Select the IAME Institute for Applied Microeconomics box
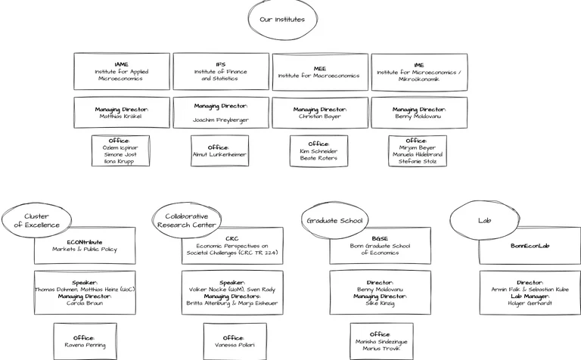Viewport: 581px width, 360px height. click(x=122, y=71)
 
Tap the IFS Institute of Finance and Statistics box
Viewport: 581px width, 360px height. click(x=221, y=71)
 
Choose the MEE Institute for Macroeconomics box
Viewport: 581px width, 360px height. click(x=320, y=72)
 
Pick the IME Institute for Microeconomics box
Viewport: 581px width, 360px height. click(x=419, y=72)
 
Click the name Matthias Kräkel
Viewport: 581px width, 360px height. click(x=122, y=117)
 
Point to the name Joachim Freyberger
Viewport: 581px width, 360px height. click(x=221, y=120)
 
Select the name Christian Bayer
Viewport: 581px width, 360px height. click(x=320, y=117)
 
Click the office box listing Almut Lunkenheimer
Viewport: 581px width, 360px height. click(x=219, y=151)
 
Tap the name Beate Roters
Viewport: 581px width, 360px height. click(x=318, y=158)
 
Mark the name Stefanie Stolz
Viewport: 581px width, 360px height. click(x=418, y=161)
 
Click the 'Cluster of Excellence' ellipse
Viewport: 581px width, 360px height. click(x=36, y=220)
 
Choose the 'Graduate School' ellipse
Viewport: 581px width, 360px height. click(x=334, y=221)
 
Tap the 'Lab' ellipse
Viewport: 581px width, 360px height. click(x=484, y=221)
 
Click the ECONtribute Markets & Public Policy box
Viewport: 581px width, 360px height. click(x=85, y=246)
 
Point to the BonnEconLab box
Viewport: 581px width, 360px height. click(x=530, y=246)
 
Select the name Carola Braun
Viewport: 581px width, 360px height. click(x=85, y=303)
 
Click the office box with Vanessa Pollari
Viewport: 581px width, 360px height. click(x=235, y=341)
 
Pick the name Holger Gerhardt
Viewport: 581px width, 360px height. click(x=530, y=303)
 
